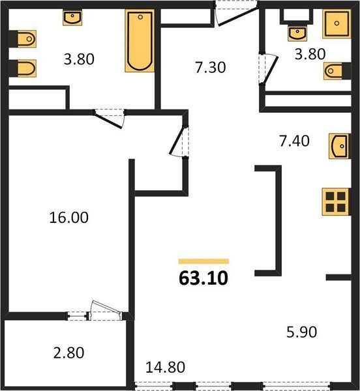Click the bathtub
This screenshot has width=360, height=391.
pyautogui.click(x=140, y=41)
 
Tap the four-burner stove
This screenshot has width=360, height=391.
pyautogui.click(x=336, y=202)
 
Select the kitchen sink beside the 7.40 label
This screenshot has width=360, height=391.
pyautogui.click(x=338, y=146)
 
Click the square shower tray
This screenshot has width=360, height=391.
pyautogui.click(x=337, y=23)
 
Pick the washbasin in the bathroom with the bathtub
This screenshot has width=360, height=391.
pyautogui.click(x=72, y=18)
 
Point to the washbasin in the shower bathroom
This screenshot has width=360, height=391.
pyautogui.click(x=297, y=33)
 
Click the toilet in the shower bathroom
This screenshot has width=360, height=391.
pyautogui.click(x=334, y=71)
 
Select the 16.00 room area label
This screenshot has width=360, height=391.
pyautogui.click(x=69, y=217)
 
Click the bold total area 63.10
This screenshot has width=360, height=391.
pyautogui.click(x=203, y=278)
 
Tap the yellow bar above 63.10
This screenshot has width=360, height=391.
pyautogui.click(x=203, y=261)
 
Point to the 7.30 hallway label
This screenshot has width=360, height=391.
pyautogui.click(x=210, y=68)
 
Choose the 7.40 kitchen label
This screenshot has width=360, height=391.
pyautogui.click(x=294, y=141)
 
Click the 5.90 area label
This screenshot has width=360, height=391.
pyautogui.click(x=301, y=332)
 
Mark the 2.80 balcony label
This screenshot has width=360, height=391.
pyautogui.click(x=68, y=353)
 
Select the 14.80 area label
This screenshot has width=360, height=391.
pyautogui.click(x=165, y=368)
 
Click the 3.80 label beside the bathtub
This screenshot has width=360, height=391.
pyautogui.click(x=79, y=59)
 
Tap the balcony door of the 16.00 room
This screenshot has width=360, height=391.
pyautogui.click(x=106, y=310)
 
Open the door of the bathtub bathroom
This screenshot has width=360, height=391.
pyautogui.click(x=109, y=119)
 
